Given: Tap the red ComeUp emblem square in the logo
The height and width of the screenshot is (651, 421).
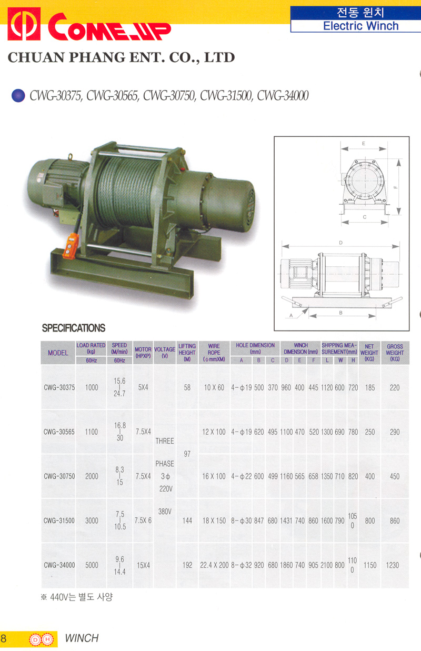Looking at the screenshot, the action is tap(24, 24).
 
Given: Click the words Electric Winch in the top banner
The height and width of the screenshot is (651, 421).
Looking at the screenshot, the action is tap(361, 26).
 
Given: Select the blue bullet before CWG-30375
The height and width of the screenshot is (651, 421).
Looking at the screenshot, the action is tap(18, 95).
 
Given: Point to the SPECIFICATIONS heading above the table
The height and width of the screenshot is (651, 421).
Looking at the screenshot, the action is tap(74, 328).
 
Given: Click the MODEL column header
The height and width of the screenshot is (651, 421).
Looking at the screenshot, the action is tap(58, 353).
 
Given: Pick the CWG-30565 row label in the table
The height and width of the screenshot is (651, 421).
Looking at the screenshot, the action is tap(59, 432).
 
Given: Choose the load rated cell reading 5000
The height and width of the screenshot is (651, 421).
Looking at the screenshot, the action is tap(92, 565).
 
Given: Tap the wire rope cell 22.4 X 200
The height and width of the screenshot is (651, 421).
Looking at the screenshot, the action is tap(214, 565).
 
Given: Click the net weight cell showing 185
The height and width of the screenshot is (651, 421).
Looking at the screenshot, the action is tap(369, 388).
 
